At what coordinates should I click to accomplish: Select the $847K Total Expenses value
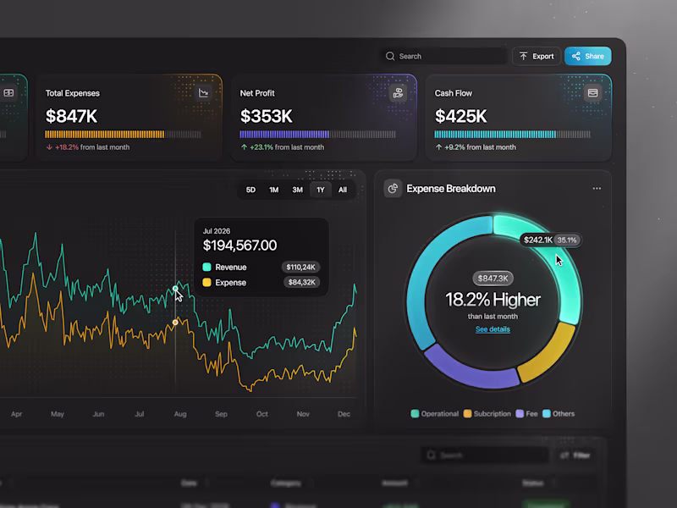(x=72, y=116)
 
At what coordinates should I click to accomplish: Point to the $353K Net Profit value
(x=267, y=116)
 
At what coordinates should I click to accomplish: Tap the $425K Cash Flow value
(x=461, y=116)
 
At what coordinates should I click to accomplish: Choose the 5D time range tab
(x=250, y=190)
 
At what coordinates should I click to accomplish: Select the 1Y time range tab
(x=321, y=190)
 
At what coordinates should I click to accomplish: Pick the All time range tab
(x=343, y=190)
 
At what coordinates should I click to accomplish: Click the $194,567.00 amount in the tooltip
(x=239, y=246)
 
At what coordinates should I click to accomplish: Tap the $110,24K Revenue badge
(x=300, y=267)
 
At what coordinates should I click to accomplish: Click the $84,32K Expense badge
(x=300, y=283)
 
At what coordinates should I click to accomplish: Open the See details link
(x=493, y=329)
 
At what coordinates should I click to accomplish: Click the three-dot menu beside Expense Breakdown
(x=597, y=189)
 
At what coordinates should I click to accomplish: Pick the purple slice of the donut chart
(x=470, y=368)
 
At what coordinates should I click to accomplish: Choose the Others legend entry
(x=559, y=414)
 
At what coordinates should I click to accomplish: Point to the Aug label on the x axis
(x=179, y=415)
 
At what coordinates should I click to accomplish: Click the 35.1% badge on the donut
(x=567, y=240)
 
